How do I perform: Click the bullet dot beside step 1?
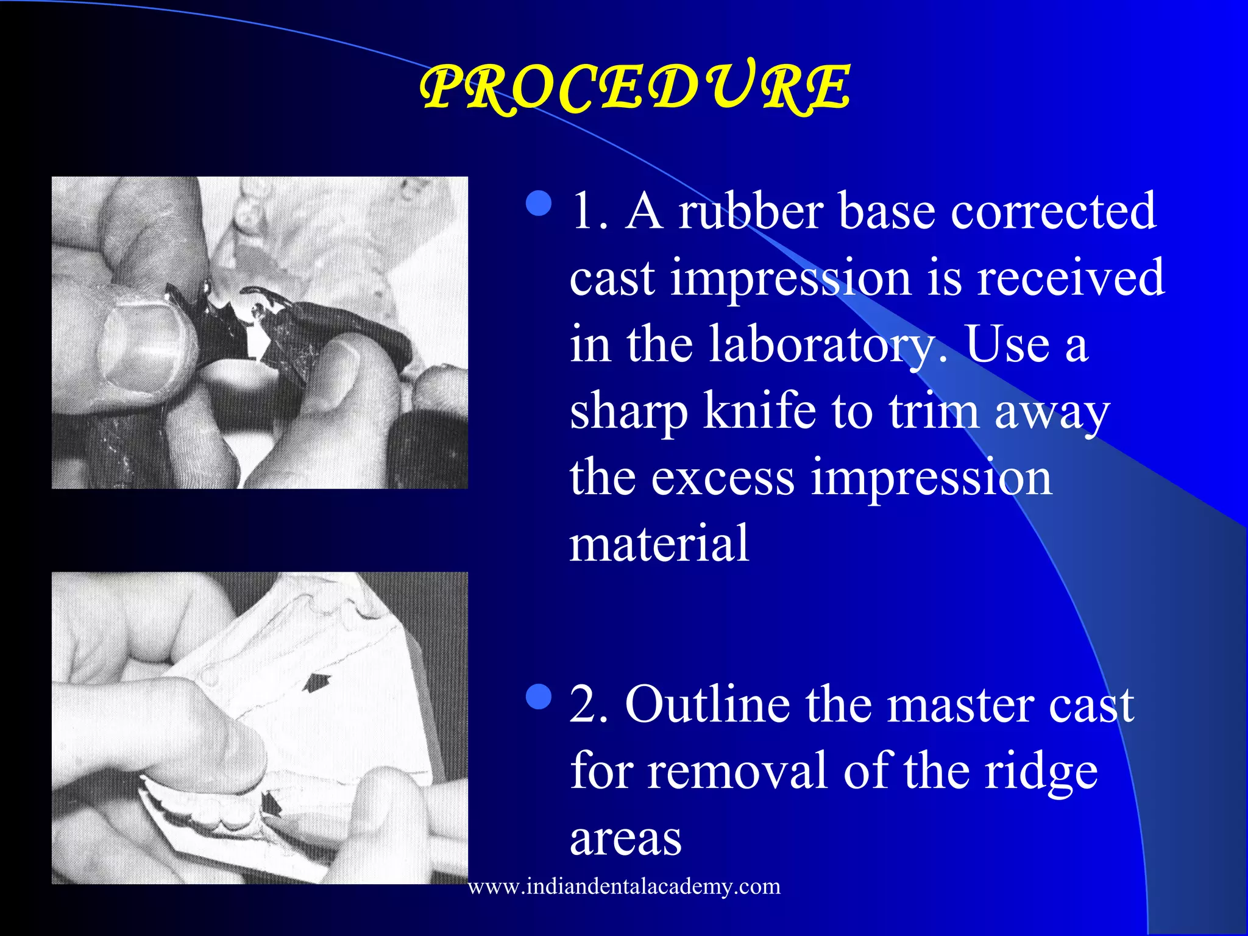pos(539,204)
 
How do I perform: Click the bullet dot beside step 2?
pos(539,697)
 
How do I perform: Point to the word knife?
pos(759,411)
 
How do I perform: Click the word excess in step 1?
pos(722,478)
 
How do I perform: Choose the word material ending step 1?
pos(659,543)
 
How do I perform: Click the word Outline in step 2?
pos(707,705)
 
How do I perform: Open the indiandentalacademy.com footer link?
pos(624,886)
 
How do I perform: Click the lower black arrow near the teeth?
pos(270,804)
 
